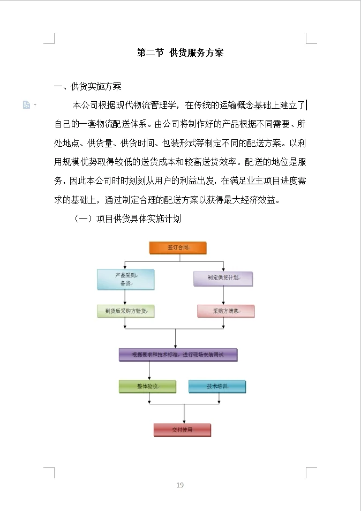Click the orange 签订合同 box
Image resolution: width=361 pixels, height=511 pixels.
click(177, 247)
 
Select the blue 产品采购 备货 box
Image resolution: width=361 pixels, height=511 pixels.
click(125, 279)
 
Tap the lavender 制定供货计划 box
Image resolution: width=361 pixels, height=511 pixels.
click(223, 278)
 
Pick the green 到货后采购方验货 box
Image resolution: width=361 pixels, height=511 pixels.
click(125, 311)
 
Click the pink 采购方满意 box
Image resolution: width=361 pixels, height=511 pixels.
click(225, 311)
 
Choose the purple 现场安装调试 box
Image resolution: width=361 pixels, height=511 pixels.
click(178, 355)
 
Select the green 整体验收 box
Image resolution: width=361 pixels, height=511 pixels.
click(147, 386)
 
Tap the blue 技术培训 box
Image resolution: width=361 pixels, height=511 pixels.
click(217, 386)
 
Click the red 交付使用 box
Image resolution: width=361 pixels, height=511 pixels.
click(182, 430)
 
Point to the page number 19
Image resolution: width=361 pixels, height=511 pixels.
click(180, 485)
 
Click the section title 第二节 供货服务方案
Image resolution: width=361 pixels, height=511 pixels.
click(180, 52)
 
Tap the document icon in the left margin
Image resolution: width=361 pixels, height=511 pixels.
click(26, 104)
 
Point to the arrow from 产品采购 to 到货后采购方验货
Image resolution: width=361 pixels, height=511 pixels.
click(125, 297)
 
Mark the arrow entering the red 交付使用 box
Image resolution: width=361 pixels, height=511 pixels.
click(184, 415)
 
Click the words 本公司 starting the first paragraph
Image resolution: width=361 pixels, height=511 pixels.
click(83, 104)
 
